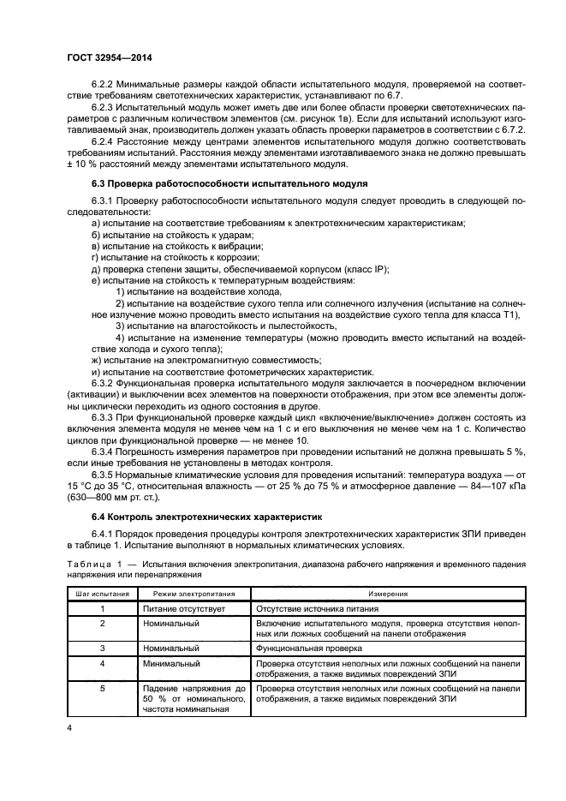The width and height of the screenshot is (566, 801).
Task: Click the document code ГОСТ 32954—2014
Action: coord(104,60)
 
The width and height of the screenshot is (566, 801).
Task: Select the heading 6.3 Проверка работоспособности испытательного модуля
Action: coord(230,184)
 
